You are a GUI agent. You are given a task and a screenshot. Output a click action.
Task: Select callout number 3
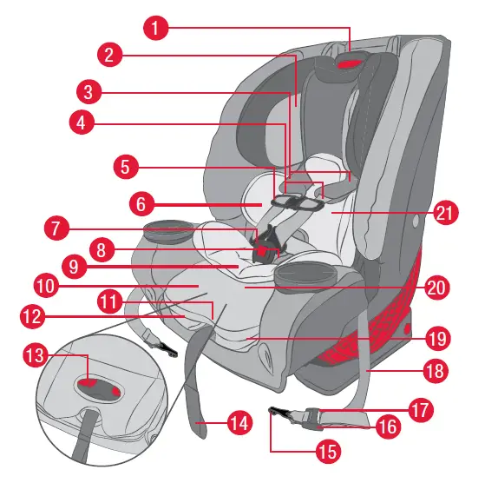click(x=88, y=90)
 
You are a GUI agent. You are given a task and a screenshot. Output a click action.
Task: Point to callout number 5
click(x=126, y=164)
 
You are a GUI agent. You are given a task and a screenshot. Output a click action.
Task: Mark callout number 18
click(x=434, y=370)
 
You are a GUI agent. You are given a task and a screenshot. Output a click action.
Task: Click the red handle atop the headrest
click(x=352, y=63)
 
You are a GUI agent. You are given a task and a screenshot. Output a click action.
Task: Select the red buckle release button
click(x=261, y=250)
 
